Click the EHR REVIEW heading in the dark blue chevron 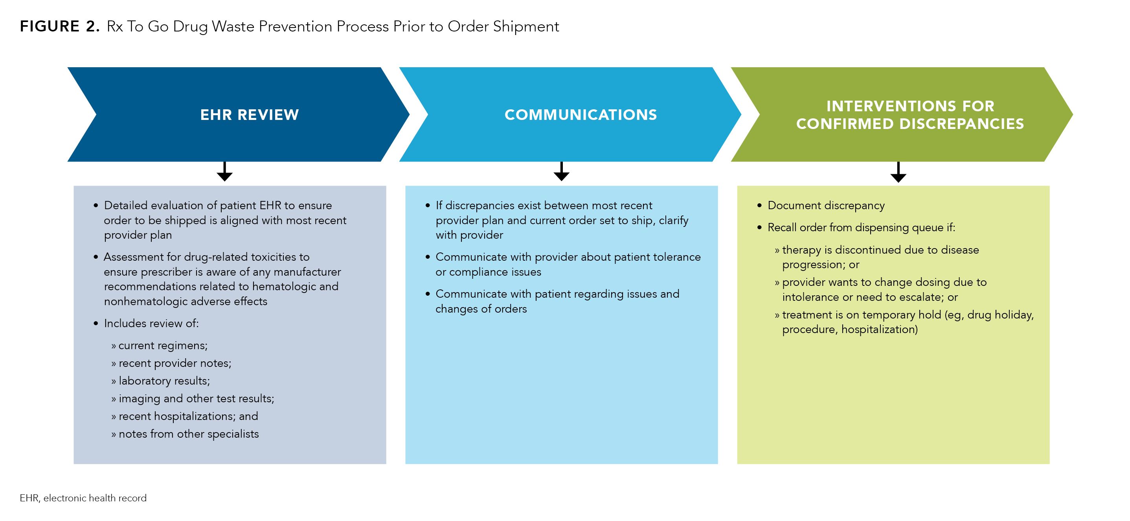click(249, 115)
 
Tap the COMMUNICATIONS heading click(581, 115)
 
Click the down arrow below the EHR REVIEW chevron click(224, 172)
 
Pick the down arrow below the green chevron click(898, 173)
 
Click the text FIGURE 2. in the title click(60, 26)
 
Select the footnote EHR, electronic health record click(83, 498)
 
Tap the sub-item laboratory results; click(164, 381)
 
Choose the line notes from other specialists click(189, 434)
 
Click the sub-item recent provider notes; click(175, 363)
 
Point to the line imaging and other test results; click(196, 399)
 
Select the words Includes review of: click(151, 324)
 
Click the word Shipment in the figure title click(525, 26)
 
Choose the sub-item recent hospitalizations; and click(188, 416)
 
